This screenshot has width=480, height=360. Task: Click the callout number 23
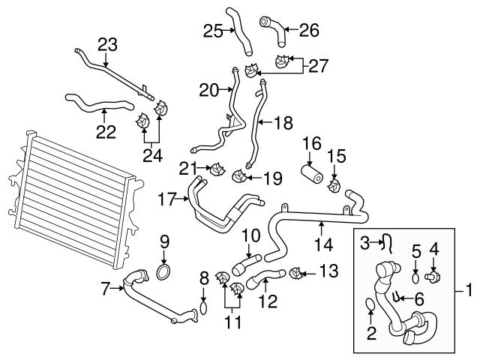(108, 45)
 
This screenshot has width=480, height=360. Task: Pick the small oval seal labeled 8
(202, 308)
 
